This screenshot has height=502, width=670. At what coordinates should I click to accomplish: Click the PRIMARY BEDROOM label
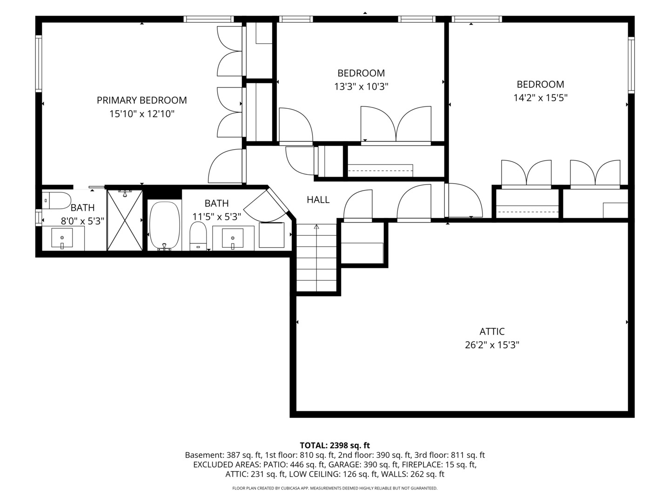click(141, 100)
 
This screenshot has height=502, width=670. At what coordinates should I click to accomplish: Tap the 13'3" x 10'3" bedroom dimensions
click(361, 86)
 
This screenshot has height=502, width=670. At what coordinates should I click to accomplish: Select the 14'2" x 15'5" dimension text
click(540, 98)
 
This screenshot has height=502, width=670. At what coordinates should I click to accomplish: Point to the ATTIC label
click(492, 331)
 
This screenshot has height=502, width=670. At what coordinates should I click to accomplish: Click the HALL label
click(318, 200)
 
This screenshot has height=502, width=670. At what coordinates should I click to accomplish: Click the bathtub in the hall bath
click(164, 225)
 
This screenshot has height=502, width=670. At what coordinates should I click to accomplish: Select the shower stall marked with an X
click(125, 220)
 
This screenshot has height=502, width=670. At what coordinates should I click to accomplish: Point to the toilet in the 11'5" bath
click(198, 235)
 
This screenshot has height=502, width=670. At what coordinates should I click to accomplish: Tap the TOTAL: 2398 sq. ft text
click(335, 445)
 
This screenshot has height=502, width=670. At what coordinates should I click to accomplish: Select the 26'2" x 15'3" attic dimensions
click(492, 345)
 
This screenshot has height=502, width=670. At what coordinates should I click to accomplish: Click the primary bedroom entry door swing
click(226, 166)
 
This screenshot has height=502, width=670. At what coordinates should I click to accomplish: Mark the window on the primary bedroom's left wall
click(39, 64)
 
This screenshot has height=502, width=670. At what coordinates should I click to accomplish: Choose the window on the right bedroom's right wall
click(631, 65)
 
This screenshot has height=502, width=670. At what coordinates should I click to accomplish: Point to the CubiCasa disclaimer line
click(335, 488)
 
